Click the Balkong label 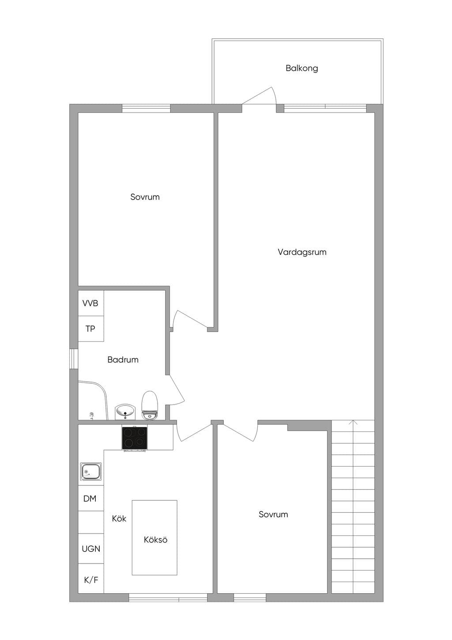pos(302,68)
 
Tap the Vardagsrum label pos(302,252)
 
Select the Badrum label pos(123,360)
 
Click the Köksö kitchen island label pos(156,540)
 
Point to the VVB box pos(91,303)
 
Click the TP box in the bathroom pos(91,329)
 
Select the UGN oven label pos(91,549)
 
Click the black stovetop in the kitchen pos(135,438)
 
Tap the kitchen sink pos(90,471)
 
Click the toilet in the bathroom pos(150,406)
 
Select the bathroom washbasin pos(125,412)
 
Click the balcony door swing pos(259,97)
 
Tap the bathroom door pos(175,390)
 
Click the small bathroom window pos(74,359)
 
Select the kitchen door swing pos(194,433)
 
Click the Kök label pos(119,519)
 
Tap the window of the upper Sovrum pos(146,109)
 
